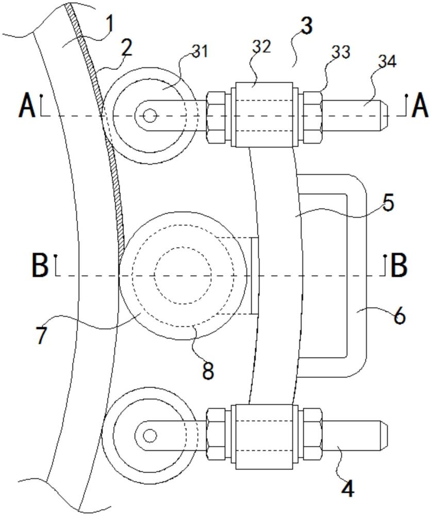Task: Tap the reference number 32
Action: [262, 47]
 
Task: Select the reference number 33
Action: [341, 52]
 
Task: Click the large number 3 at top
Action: [307, 26]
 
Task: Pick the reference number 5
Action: [388, 203]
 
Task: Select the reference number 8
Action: [208, 370]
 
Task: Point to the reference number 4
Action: [349, 488]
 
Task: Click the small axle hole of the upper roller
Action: [150, 116]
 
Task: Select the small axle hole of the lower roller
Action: [150, 436]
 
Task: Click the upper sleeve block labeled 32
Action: [262, 115]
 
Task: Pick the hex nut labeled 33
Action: [313, 116]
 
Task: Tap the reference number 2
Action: [126, 48]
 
